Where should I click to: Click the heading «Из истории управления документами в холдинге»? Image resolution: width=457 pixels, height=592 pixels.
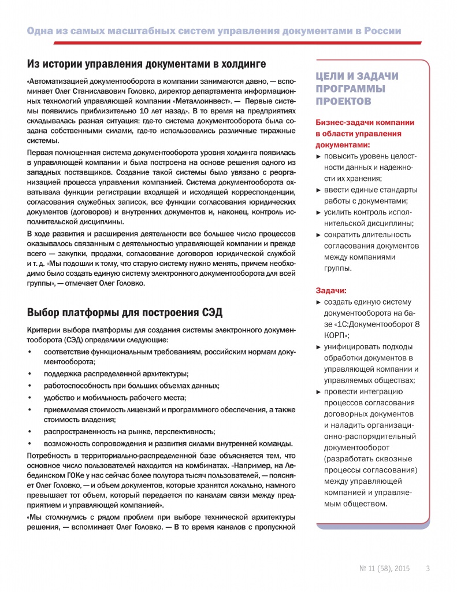pos(146,63)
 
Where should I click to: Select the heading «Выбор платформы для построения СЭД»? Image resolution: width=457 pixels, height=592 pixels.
pos(125,313)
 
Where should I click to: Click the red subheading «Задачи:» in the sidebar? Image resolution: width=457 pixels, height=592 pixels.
pos(331,290)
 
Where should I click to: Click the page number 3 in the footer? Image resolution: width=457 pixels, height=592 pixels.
pos(428,568)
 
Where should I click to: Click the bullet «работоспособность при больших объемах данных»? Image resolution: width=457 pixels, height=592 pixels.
pos(131,386)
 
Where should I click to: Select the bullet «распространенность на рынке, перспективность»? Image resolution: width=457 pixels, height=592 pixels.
pos(129,432)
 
